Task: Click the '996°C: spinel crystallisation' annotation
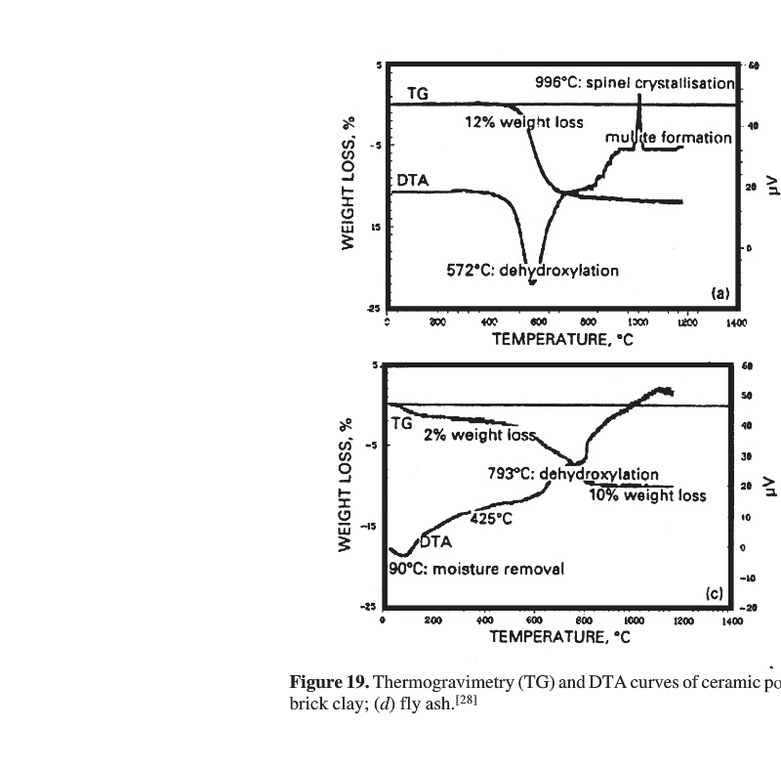pyautogui.click(x=634, y=83)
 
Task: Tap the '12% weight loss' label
pyautogui.click(x=523, y=122)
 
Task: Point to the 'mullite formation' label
pyautogui.click(x=669, y=138)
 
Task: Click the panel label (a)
pyautogui.click(x=719, y=292)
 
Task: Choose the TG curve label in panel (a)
pyautogui.click(x=417, y=93)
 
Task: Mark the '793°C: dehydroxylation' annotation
pyautogui.click(x=572, y=474)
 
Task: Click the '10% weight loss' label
pyautogui.click(x=647, y=495)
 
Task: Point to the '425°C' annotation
pyautogui.click(x=491, y=519)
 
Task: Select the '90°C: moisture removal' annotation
pyautogui.click(x=476, y=569)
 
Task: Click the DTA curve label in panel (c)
pyautogui.click(x=435, y=542)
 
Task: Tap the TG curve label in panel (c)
pyautogui.click(x=401, y=423)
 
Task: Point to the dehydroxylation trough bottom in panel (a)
pyautogui.click(x=532, y=281)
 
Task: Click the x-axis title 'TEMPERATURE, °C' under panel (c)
pyautogui.click(x=559, y=637)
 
